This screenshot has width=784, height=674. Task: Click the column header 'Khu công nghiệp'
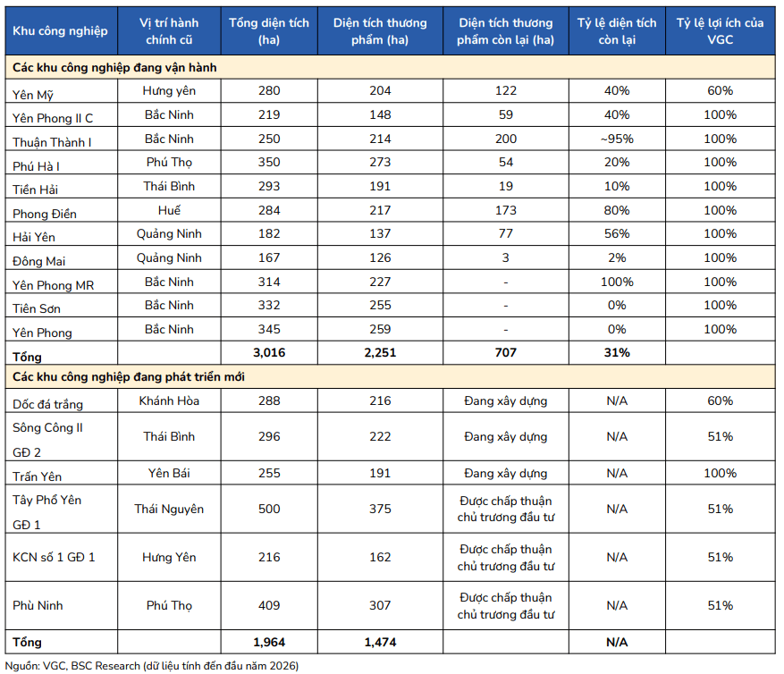click(60, 31)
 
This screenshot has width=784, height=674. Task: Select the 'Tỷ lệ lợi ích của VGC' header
click(720, 31)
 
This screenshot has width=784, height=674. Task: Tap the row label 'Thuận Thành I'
click(52, 142)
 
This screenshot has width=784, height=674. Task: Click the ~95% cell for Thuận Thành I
click(617, 139)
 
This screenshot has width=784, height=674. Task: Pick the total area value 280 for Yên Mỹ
click(269, 90)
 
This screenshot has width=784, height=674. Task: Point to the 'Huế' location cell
click(169, 210)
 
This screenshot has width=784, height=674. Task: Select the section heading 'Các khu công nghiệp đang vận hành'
click(114, 68)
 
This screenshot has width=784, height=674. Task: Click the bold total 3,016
click(269, 352)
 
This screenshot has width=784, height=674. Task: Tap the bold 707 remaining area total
click(505, 352)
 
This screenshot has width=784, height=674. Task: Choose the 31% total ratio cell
click(617, 352)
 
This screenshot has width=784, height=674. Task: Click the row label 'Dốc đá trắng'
click(47, 404)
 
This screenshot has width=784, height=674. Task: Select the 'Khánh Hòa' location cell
click(169, 401)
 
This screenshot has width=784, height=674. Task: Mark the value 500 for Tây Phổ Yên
click(269, 509)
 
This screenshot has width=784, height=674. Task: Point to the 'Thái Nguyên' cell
click(169, 509)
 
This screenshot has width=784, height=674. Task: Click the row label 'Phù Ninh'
click(38, 605)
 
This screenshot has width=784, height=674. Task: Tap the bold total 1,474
click(380, 642)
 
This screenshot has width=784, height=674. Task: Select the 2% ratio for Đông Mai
click(617, 258)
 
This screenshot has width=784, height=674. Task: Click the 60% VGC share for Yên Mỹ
click(720, 90)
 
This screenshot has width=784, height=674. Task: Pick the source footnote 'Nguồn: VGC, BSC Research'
click(72, 666)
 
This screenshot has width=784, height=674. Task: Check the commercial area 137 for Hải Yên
click(380, 233)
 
